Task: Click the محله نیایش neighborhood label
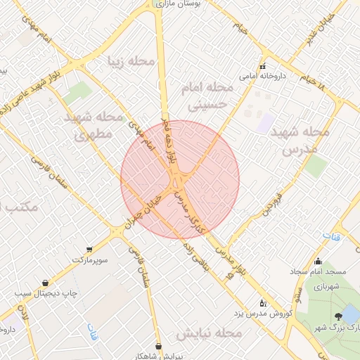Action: click(x=209, y=332)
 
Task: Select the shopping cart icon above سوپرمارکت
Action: click(x=89, y=250)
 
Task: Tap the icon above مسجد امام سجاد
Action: click(x=318, y=262)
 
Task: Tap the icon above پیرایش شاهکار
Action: click(x=159, y=346)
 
